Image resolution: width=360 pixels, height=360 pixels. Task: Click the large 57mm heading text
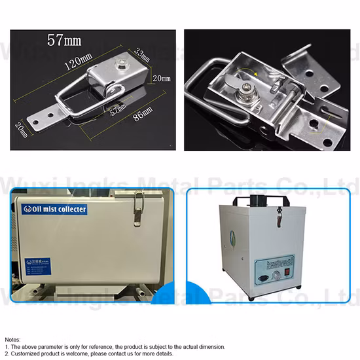click(x=64, y=39)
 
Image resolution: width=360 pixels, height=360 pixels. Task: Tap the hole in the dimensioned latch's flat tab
click(x=48, y=119)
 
